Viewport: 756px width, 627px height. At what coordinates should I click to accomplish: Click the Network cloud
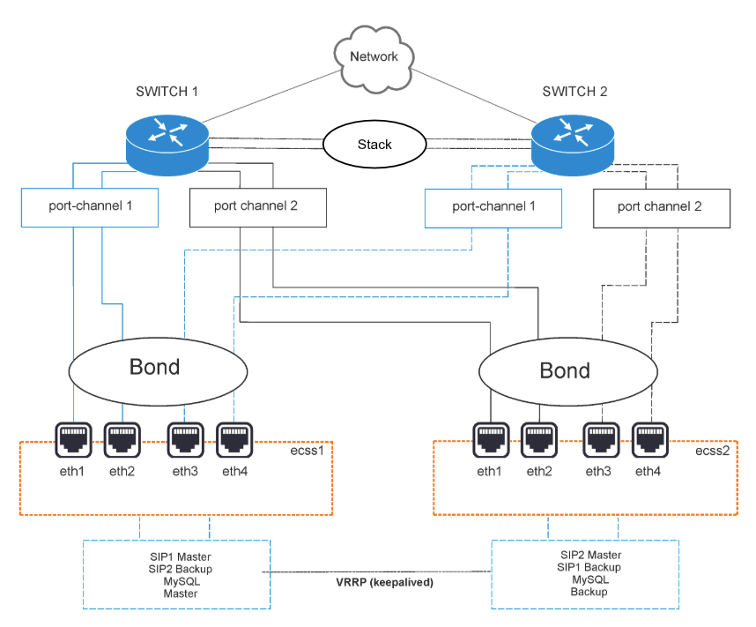point(374,57)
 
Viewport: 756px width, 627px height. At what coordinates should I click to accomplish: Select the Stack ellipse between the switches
point(374,145)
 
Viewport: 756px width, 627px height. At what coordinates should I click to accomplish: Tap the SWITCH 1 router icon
point(167,140)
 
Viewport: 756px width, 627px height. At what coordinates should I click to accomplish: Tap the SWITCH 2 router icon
point(574,140)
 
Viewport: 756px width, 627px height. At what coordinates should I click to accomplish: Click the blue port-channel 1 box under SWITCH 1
point(90,207)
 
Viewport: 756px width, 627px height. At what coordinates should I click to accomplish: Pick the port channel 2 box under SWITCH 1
point(256,207)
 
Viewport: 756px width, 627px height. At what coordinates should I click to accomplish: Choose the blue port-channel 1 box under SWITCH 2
point(493,207)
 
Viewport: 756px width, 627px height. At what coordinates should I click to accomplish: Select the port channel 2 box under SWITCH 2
point(660,207)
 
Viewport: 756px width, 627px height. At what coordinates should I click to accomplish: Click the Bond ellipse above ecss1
point(155,367)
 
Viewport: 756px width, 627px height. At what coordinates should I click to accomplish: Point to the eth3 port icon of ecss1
point(184,437)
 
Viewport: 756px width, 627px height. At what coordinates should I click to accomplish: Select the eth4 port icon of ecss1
point(234,437)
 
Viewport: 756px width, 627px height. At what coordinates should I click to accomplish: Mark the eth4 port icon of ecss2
point(650,437)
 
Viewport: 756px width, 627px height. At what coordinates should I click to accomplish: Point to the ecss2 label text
point(710,451)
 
